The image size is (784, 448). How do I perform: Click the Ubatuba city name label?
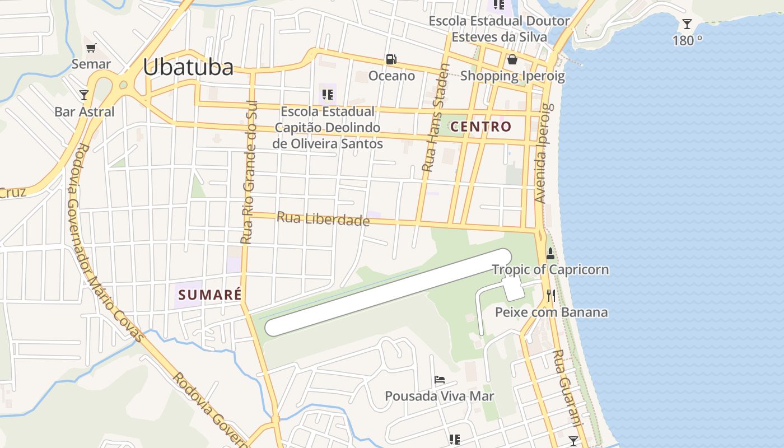pyautogui.click(x=188, y=67)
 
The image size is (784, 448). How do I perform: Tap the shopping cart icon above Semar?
pyautogui.click(x=91, y=48)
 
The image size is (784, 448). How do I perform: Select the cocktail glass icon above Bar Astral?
pyautogui.click(x=84, y=95)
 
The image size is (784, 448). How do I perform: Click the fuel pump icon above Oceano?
pyautogui.click(x=391, y=59)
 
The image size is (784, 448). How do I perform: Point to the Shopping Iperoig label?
pyautogui.click(x=512, y=76)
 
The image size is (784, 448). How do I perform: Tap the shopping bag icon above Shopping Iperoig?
pyautogui.click(x=512, y=59)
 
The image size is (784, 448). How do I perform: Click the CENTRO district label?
pyautogui.click(x=481, y=127)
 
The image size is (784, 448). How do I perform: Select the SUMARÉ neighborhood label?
pyautogui.click(x=209, y=294)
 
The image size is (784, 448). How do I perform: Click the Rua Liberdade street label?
pyautogui.click(x=323, y=218)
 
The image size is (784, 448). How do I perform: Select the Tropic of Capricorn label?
pyautogui.click(x=550, y=269)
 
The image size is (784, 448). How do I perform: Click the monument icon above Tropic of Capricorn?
pyautogui.click(x=550, y=253)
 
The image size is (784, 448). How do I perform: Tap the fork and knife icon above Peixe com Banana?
pyautogui.click(x=551, y=296)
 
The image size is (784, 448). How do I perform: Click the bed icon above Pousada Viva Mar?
pyautogui.click(x=440, y=380)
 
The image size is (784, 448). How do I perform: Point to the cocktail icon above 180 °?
pyautogui.click(x=687, y=24)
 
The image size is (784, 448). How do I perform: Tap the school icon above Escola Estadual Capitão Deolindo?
pyautogui.click(x=328, y=95)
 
